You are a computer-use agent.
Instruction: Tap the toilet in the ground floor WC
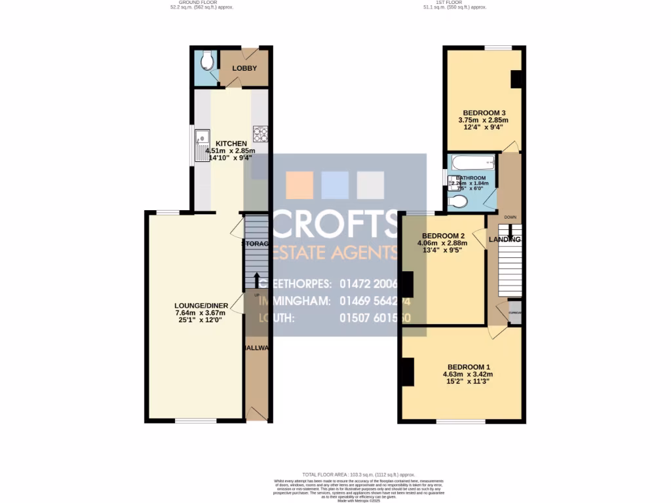(x=206, y=62)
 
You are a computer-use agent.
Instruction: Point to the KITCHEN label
(x=231, y=143)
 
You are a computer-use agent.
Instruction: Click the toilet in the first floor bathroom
(x=459, y=202)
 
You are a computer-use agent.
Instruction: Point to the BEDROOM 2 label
(x=443, y=236)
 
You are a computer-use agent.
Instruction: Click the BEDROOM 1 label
(x=468, y=367)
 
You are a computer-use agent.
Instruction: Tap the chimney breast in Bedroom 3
(x=516, y=79)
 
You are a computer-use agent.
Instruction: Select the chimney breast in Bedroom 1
(x=408, y=372)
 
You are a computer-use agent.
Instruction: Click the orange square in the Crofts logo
(x=299, y=185)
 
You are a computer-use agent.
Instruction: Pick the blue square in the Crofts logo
(x=335, y=185)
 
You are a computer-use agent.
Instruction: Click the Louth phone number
(x=375, y=318)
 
